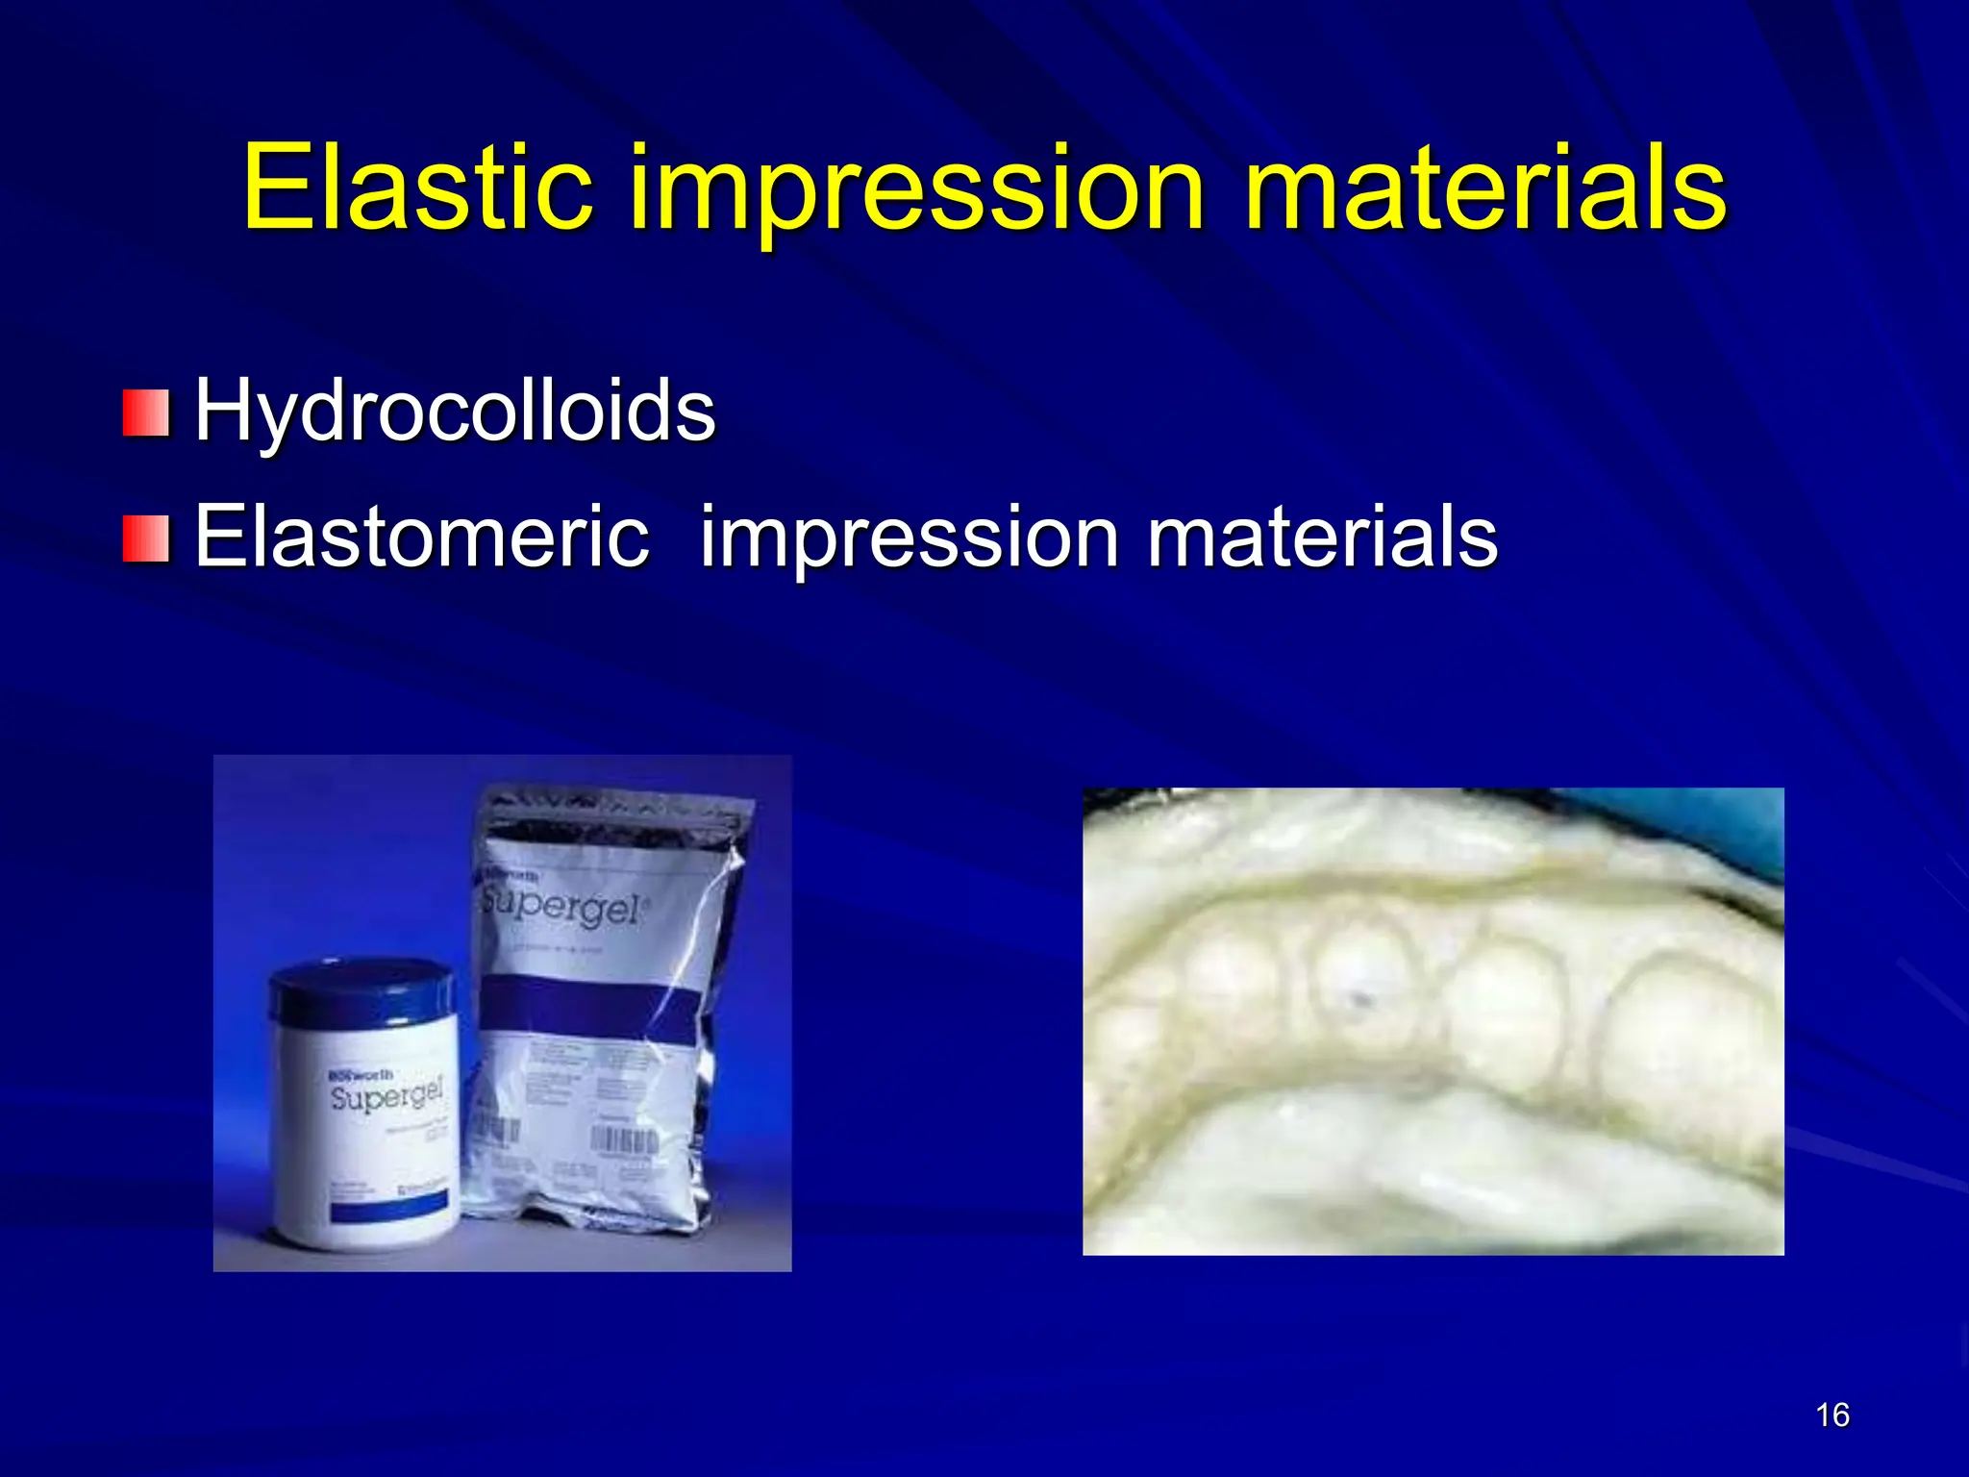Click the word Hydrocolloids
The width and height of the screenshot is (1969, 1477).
pos(455,411)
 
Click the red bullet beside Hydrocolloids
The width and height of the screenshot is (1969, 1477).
pos(146,413)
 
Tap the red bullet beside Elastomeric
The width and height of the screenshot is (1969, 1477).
pos(146,539)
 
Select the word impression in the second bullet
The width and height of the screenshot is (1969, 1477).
pos(909,538)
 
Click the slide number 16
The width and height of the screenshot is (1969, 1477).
pos(1832,1415)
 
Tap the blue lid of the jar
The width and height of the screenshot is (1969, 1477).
pos(361,990)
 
